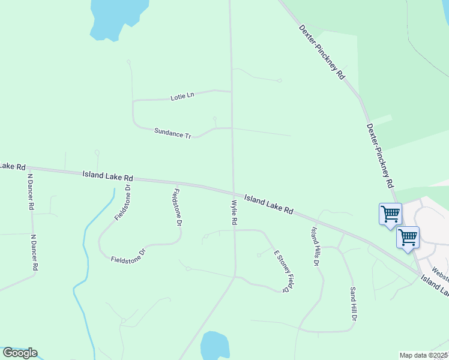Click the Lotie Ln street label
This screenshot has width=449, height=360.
click(182, 95)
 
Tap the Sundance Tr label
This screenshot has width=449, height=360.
click(172, 133)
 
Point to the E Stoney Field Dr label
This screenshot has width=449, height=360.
click(286, 271)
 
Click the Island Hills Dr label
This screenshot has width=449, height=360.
click(315, 247)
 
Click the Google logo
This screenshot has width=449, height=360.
click(20, 353)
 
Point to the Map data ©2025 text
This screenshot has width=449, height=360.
click(424, 355)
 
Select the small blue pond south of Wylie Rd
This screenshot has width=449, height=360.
click(214, 346)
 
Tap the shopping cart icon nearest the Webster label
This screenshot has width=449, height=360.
click(408, 237)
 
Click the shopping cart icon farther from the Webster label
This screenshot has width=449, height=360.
click(390, 214)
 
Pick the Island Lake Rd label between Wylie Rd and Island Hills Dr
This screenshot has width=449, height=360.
click(268, 204)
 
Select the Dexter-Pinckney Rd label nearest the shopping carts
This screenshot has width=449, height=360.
click(379, 156)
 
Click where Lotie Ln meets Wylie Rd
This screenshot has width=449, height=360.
click(231, 91)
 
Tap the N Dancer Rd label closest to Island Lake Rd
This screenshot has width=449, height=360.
click(31, 191)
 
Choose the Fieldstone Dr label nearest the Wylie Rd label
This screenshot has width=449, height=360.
click(177, 207)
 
